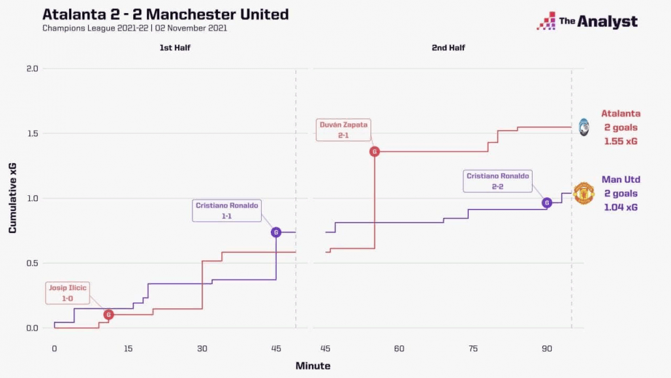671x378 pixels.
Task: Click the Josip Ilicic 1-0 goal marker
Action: [109, 315]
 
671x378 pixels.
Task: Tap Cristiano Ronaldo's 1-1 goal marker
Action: [276, 232]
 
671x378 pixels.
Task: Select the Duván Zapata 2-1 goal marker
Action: [375, 151]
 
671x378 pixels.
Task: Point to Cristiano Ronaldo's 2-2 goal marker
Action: [547, 202]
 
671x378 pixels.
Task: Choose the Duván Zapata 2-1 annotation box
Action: [343, 129]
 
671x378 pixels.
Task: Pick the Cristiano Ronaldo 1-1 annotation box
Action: [227, 210]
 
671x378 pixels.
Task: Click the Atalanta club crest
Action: [584, 127]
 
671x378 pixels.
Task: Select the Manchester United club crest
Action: [584, 193]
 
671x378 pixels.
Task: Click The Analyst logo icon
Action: [546, 21]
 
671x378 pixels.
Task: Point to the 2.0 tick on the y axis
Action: [32, 69]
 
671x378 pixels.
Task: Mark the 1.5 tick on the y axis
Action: [32, 133]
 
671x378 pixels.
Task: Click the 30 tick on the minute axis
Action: [202, 349]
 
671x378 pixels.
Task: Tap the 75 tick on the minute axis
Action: [473, 349]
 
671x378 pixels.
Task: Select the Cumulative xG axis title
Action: [12, 198]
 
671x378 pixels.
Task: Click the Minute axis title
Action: [313, 366]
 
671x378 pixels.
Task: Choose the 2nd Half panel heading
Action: [448, 48]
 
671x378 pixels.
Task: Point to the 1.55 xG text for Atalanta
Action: [621, 141]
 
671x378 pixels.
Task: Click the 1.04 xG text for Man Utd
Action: [621, 207]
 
